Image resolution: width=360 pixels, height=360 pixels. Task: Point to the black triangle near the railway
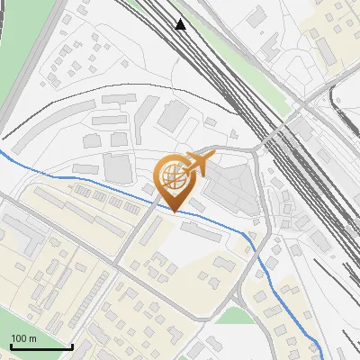[x=181, y=24]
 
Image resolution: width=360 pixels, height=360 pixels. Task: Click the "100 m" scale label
[x=22, y=338]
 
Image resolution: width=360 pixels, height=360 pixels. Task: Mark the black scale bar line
[x=40, y=347]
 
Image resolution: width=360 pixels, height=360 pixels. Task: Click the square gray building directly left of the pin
[x=117, y=166]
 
